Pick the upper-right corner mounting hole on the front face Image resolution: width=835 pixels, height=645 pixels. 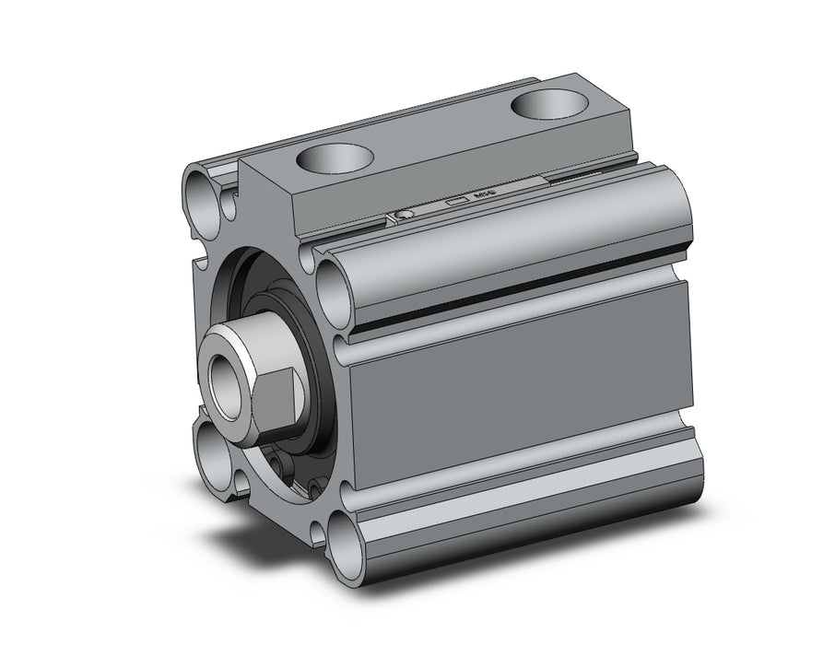[333, 287]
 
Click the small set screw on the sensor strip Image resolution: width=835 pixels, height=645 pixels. [403, 216]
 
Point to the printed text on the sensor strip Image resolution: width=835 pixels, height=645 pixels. [482, 195]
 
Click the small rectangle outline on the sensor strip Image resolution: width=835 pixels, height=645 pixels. [454, 201]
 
